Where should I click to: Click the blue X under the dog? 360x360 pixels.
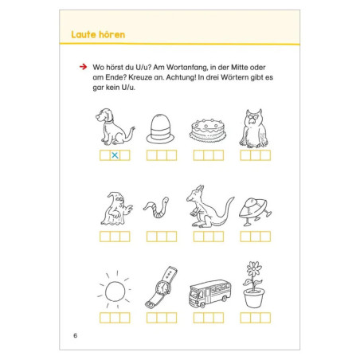[115, 155]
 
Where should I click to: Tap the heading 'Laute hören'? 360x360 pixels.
[98, 34]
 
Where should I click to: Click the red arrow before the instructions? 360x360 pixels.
[83, 67]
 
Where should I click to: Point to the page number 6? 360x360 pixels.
[75, 335]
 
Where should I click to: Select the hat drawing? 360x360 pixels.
[160, 129]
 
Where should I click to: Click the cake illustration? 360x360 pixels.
[208, 130]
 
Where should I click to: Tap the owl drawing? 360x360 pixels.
[254, 128]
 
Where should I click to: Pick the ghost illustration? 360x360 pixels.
[116, 209]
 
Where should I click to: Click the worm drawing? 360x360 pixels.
[157, 207]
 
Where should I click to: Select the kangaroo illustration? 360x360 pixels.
[209, 206]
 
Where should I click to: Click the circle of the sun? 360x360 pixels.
[115, 292]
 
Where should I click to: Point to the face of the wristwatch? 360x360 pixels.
[162, 288]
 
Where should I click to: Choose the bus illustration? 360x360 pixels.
[210, 293]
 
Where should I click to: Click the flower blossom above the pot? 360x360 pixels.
[254, 268]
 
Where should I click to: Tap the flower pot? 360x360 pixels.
[254, 298]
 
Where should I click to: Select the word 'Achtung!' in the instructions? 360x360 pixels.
[181, 77]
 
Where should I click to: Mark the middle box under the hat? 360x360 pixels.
[162, 155]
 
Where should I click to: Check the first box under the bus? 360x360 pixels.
[198, 318]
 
